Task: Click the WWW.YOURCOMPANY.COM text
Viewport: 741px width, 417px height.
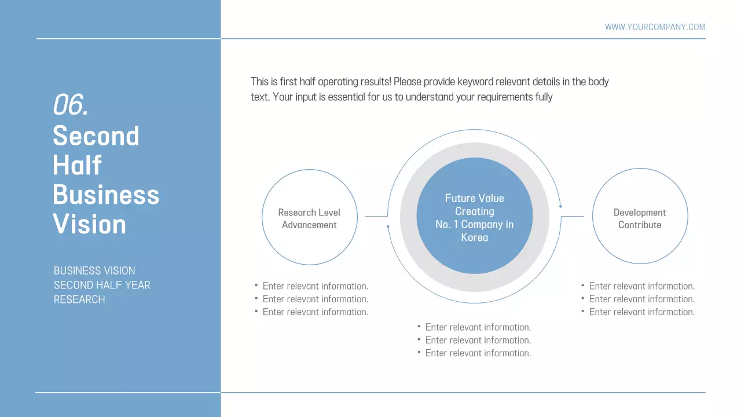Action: coord(655,27)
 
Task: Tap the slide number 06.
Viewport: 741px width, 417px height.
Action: coord(70,105)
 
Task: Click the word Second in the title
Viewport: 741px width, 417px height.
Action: coord(96,136)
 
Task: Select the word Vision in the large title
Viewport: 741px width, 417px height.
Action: coord(90,224)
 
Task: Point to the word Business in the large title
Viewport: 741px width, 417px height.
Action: coord(106,195)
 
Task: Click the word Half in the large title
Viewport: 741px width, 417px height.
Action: coord(77,166)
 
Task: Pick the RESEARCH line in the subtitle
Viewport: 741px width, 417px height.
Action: coord(79,299)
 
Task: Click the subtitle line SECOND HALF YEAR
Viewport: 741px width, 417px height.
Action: coord(102,285)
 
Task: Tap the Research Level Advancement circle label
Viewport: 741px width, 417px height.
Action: coord(309,218)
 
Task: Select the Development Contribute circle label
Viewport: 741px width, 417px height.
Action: coord(640,218)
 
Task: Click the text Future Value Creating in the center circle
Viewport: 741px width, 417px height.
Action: coord(474,204)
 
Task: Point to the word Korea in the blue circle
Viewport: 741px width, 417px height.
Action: coord(475,237)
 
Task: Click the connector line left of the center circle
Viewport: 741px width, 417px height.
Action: coord(376,216)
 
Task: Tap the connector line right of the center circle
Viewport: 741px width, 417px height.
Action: coord(572,216)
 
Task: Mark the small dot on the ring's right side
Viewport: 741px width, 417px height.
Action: coord(560,206)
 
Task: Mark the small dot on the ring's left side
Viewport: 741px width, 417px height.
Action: coord(388,226)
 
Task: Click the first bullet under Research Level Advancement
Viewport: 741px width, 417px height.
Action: coord(315,286)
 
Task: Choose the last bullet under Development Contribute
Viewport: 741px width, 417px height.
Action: coord(641,312)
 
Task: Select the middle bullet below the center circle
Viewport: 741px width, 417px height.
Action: coord(478,340)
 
